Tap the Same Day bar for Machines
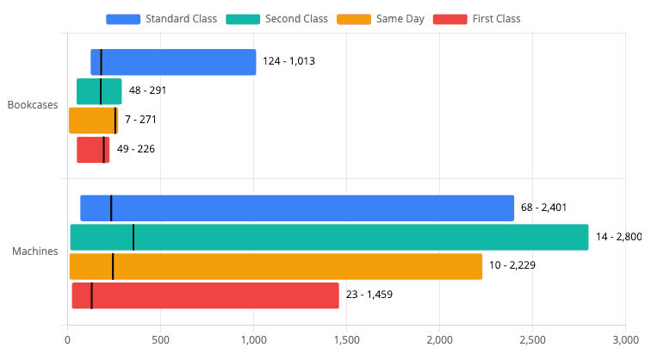click(x=276, y=267)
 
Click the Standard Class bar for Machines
click(x=297, y=208)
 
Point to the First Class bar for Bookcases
click(x=93, y=150)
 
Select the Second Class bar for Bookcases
click(x=99, y=91)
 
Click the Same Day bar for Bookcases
click(x=93, y=121)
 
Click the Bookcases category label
click(x=33, y=106)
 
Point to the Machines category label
click(x=35, y=252)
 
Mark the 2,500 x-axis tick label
click(x=532, y=340)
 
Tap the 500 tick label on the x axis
click(x=160, y=340)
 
